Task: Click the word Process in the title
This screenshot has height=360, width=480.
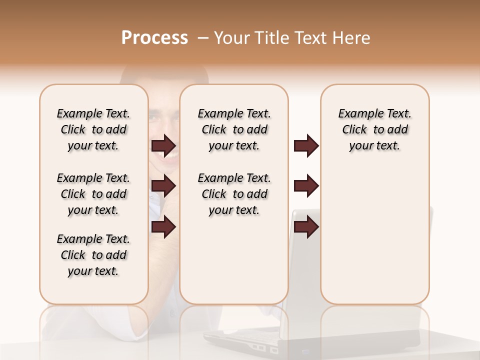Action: tap(154, 38)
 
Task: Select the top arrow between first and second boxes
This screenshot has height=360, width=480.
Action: tap(163, 145)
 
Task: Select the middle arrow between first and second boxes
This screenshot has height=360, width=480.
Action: tap(163, 186)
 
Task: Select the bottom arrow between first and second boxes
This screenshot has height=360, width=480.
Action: tap(163, 227)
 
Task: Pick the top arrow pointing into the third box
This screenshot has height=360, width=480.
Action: tap(306, 145)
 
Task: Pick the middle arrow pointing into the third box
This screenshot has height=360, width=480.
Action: tap(306, 186)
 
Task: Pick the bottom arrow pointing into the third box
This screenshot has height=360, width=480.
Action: tap(306, 227)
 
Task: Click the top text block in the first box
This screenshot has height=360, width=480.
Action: tap(93, 129)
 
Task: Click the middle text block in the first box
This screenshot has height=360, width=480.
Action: tap(93, 194)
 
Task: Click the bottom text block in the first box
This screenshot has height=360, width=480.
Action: tap(93, 255)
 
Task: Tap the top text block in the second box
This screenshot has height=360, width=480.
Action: tap(234, 129)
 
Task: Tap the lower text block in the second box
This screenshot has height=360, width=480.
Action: tap(234, 194)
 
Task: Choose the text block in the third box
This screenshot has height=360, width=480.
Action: tap(374, 129)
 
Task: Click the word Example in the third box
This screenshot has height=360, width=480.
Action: tap(358, 114)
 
